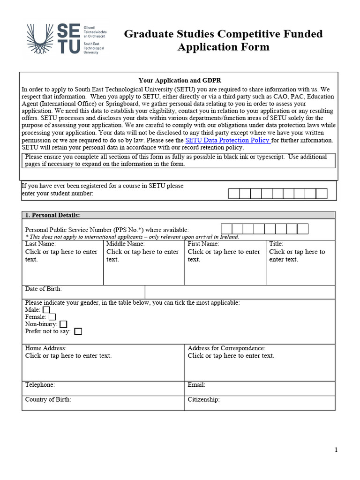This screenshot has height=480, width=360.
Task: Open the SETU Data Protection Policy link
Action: tap(228, 140)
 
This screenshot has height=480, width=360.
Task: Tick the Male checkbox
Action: tap(46, 310)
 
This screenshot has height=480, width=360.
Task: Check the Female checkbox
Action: tap(52, 317)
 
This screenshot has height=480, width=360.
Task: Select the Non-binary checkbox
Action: tap(63, 324)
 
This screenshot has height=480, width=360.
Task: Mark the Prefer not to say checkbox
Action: tap(78, 331)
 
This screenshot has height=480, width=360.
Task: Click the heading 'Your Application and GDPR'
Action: tap(180, 81)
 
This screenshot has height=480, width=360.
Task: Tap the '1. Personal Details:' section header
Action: tap(52, 215)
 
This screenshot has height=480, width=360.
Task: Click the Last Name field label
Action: tap(40, 244)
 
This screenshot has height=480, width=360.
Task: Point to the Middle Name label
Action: tap(126, 244)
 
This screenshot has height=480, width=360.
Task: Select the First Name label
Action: tap(203, 244)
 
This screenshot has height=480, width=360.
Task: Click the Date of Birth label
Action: tap(43, 289)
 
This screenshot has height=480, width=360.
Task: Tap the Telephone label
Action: tap(40, 384)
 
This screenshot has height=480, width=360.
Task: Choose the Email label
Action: tap(196, 384)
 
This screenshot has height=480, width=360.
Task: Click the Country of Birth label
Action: tap(48, 399)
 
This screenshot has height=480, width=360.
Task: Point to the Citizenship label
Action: tap(203, 399)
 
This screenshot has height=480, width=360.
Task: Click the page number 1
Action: tap(336, 450)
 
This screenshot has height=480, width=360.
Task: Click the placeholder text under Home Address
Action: tap(68, 356)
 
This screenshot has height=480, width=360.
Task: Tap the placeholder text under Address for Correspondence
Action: tap(231, 356)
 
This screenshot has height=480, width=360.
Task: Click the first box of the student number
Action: tap(234, 194)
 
